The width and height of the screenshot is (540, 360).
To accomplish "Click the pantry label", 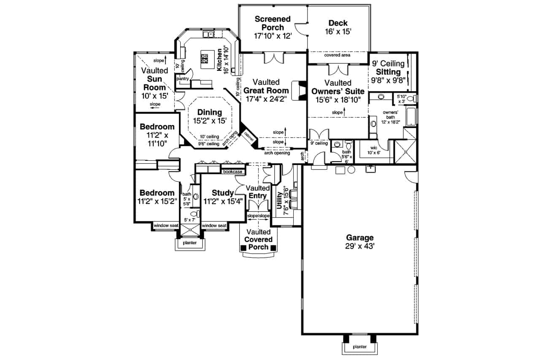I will pos(183,78).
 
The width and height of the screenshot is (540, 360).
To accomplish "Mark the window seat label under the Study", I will pos(214,226).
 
